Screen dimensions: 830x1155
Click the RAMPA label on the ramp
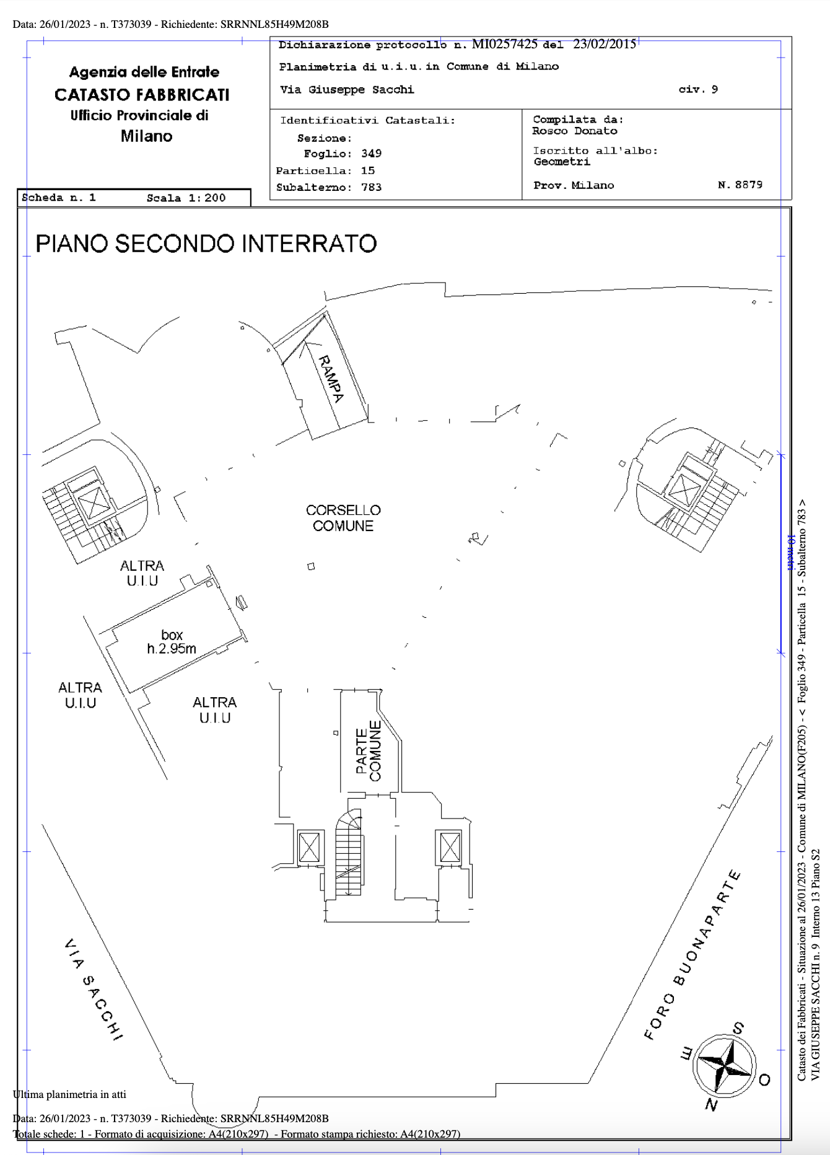(331, 379)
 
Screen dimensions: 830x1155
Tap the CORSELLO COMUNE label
(343, 518)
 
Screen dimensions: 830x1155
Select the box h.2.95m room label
(172, 642)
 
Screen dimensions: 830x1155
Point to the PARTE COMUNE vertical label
(369, 750)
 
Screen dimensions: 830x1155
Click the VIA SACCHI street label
(94, 990)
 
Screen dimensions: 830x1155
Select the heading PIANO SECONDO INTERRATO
(206, 244)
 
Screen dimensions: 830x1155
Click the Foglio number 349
(372, 154)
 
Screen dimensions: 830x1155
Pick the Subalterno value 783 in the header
(372, 187)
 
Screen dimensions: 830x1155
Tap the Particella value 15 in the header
(368, 170)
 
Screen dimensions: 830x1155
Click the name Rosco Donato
(575, 131)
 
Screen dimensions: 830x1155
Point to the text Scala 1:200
(186, 198)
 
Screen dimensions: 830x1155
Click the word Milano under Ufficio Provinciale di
(146, 136)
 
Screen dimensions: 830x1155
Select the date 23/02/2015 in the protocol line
(605, 44)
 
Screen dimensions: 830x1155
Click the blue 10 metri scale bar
(781, 553)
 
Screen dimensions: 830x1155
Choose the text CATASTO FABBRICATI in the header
(142, 95)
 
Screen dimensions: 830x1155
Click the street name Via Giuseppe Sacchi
(347, 90)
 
